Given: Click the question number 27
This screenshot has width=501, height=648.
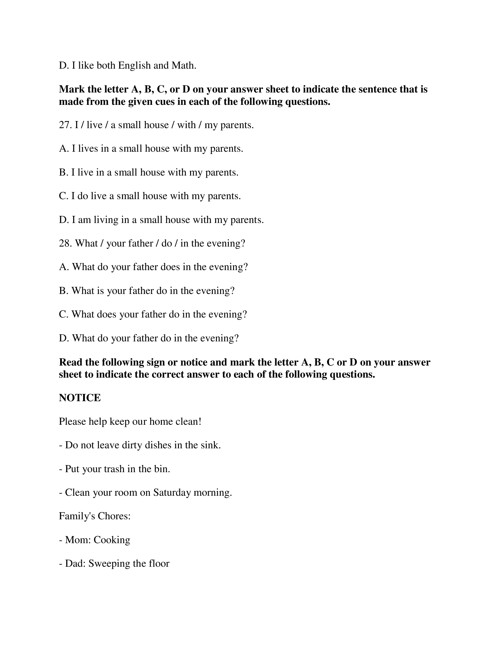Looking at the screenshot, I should (65, 125).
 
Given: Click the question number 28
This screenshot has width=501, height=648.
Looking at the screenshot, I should (65, 243).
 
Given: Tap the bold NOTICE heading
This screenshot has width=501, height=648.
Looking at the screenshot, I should (80, 398).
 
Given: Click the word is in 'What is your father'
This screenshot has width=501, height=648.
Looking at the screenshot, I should (100, 291).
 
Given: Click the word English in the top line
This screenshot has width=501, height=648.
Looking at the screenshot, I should (134, 65).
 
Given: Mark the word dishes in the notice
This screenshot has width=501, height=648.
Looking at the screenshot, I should (158, 445).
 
